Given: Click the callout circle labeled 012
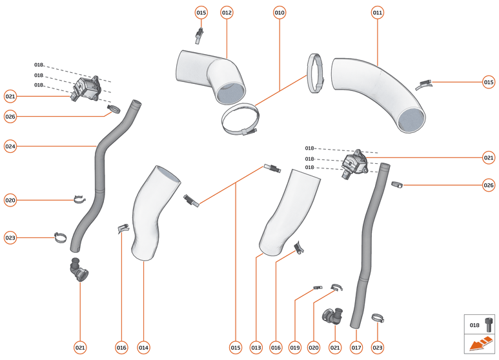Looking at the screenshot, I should (x=227, y=12).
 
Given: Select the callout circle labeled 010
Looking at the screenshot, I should (x=280, y=12).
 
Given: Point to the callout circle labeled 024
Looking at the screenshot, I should (x=10, y=146).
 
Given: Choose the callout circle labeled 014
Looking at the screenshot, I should (x=143, y=348).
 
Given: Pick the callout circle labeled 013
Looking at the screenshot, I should (x=256, y=348).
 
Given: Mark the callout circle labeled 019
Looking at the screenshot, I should (x=295, y=348).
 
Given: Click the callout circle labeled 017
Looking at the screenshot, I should (x=356, y=348).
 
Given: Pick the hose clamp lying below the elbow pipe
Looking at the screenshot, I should (x=240, y=121).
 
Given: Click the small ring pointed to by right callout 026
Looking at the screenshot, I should (x=397, y=185).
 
